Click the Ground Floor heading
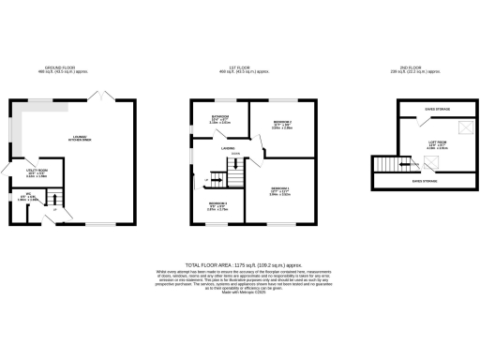(x=67, y=69)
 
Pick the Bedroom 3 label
(x=217, y=205)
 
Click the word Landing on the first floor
(x=227, y=147)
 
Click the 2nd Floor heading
(x=409, y=69)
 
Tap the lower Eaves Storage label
(x=424, y=181)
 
